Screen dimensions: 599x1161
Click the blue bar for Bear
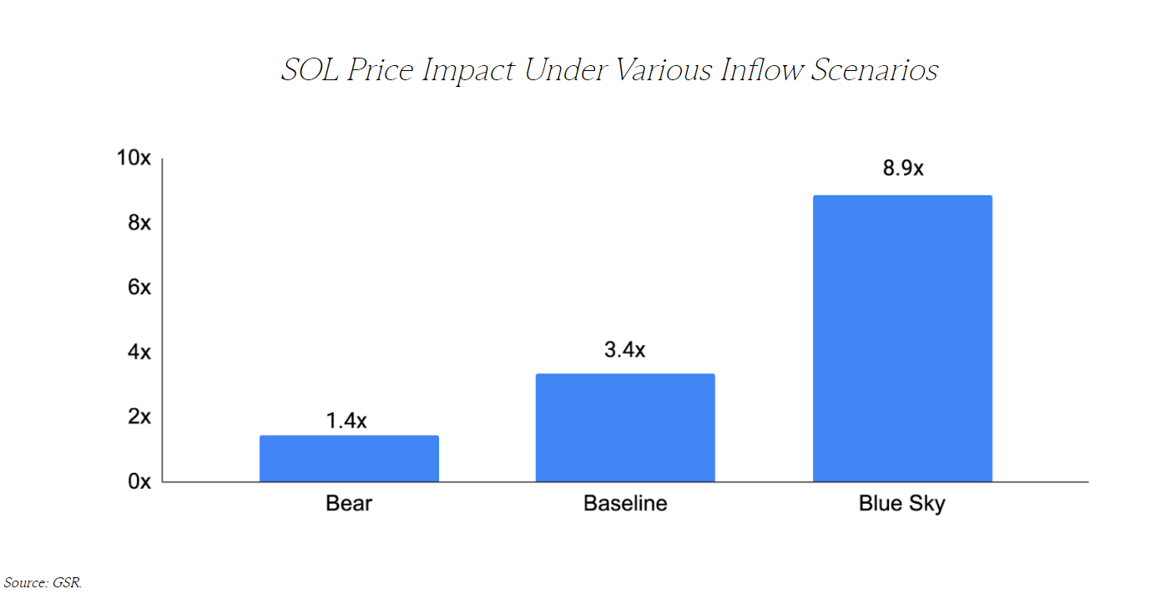(349, 459)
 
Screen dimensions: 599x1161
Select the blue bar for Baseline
(625, 428)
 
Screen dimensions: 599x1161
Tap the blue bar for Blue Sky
(902, 338)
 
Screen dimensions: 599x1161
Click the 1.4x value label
(346, 420)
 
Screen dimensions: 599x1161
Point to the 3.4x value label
(624, 349)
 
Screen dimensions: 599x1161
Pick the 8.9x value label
(903, 168)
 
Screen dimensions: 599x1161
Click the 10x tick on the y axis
(134, 158)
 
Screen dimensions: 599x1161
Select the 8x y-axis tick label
(139, 223)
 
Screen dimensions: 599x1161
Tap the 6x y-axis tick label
(139, 287)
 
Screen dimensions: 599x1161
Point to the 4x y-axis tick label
(139, 352)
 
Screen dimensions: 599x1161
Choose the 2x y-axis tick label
(139, 417)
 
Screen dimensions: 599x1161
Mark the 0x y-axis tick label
(139, 481)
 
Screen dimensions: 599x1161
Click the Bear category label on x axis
(349, 504)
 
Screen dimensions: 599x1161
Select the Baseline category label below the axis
(625, 504)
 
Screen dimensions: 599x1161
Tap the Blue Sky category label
(902, 505)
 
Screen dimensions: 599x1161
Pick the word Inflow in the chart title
(757, 70)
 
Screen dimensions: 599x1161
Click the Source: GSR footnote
(43, 582)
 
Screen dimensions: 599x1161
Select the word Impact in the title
(469, 71)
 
